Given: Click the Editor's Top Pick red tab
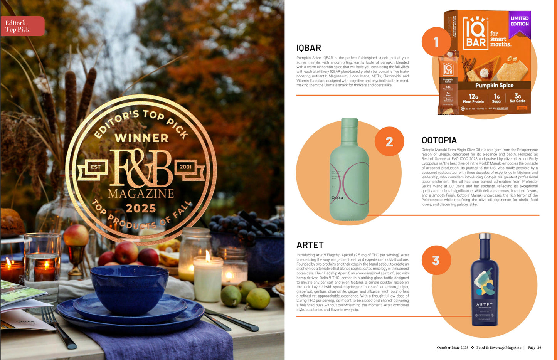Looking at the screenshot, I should [x=22, y=26].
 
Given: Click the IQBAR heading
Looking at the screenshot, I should [x=308, y=48].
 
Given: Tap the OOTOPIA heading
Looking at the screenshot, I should [x=439, y=140].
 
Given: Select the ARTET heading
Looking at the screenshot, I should [x=310, y=245].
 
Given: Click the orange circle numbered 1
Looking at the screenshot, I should [x=436, y=42].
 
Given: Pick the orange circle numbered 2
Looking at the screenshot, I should [x=389, y=141].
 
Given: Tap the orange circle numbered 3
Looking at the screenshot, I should [x=436, y=261].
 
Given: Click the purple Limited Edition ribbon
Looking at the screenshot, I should [x=520, y=23].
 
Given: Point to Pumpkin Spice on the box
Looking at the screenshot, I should [x=494, y=85].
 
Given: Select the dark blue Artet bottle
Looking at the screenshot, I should [x=485, y=281].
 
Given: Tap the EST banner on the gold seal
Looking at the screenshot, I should [x=95, y=167].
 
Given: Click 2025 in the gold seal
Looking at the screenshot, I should [x=141, y=209].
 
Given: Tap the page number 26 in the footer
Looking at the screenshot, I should [x=539, y=348].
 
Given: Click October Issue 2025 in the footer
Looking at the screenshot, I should [x=453, y=348].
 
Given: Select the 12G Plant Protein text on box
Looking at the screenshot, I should [x=473, y=98].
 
